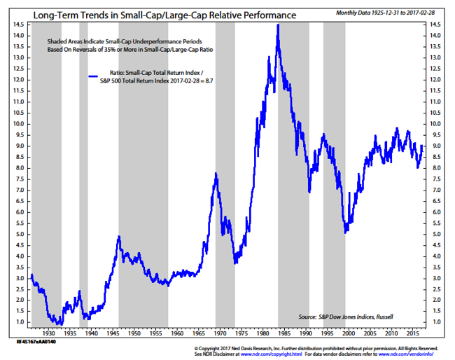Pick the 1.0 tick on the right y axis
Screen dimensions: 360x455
(x=435, y=322)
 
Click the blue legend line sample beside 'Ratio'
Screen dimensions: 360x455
(x=96, y=75)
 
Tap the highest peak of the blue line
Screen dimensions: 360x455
(x=278, y=26)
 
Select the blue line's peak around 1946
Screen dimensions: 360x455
(x=120, y=237)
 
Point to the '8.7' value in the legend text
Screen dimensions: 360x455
(x=205, y=82)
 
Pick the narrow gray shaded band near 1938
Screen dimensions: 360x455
(x=83, y=175)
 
